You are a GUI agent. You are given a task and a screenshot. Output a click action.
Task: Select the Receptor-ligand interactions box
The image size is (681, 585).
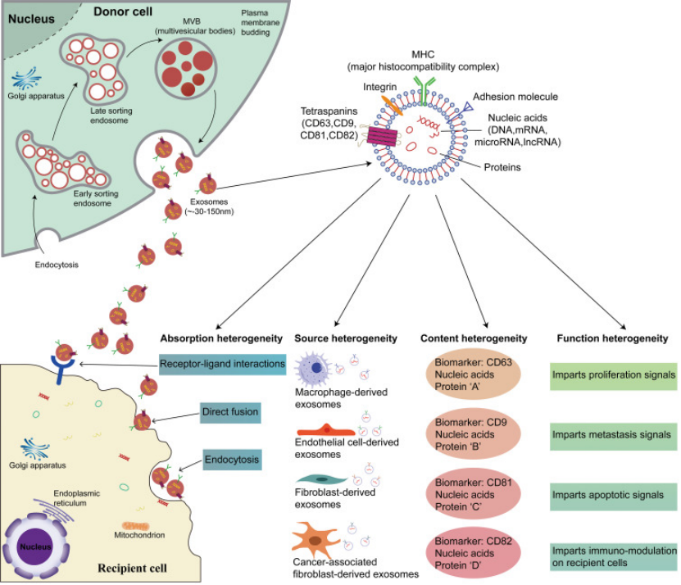[x=222, y=363]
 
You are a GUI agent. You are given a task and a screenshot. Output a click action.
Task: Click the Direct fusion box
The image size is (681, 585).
[x=230, y=412]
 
